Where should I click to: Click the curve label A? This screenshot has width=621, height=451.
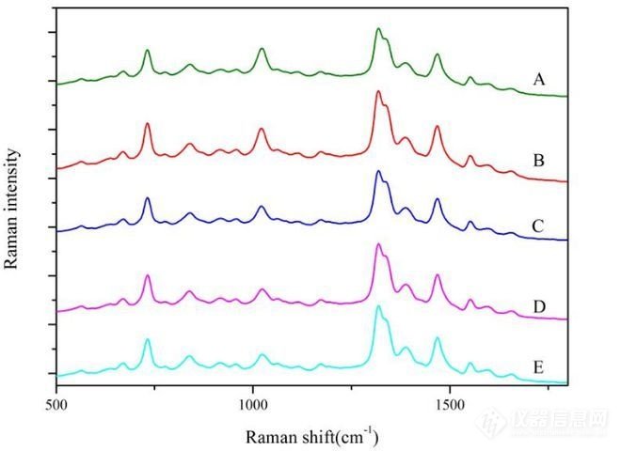(x=538, y=80)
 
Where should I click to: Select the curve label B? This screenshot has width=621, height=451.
(x=538, y=162)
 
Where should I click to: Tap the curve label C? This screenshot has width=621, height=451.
(x=538, y=225)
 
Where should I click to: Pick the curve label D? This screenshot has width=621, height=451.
(x=538, y=306)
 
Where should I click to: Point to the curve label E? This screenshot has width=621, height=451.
(x=538, y=366)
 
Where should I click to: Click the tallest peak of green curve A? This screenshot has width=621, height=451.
(x=378, y=29)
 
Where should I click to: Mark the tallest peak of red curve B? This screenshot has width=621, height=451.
(x=378, y=91)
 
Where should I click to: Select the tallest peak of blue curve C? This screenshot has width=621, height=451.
(x=378, y=171)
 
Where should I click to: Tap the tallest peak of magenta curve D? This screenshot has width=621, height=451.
(x=378, y=244)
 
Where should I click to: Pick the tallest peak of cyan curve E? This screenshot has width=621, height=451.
(x=378, y=306)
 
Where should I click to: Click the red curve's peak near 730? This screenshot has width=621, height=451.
(x=147, y=123)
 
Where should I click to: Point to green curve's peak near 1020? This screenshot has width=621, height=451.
(x=261, y=48)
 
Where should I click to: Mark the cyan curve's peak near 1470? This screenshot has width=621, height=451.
(x=437, y=338)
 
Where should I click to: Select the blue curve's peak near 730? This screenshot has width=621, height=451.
(x=147, y=198)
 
